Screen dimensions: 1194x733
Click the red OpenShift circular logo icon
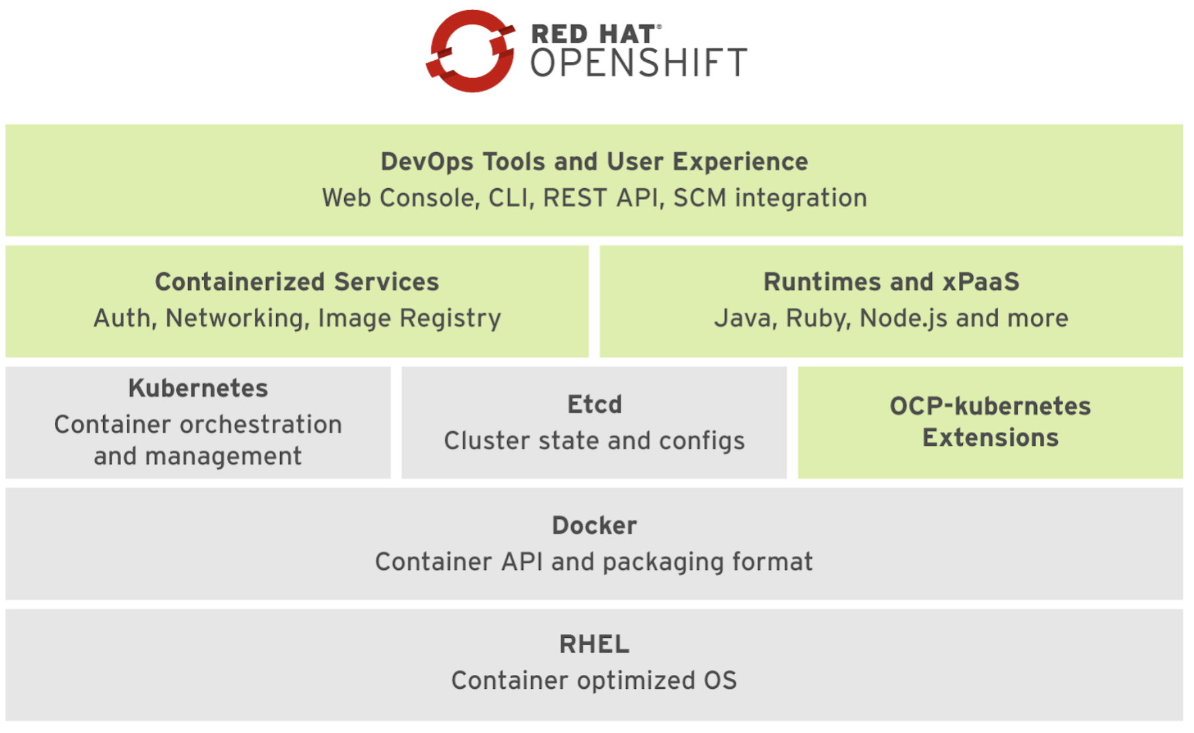point(470,51)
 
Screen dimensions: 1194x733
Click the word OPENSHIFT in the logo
point(639,63)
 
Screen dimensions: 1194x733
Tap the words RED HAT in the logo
point(592,34)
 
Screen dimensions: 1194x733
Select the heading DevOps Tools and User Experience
point(594,162)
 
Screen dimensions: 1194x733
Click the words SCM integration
point(770,198)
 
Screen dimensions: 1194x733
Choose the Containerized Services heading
point(297,282)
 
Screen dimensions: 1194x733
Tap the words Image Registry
point(409,318)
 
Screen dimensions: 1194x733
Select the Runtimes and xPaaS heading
point(892,282)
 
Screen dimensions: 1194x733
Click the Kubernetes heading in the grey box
point(198,388)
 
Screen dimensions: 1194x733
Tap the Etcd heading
point(594,405)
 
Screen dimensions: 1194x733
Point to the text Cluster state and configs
point(594,441)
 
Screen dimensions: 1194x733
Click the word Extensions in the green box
point(991,438)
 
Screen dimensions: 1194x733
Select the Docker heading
point(594,526)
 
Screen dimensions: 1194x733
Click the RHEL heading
point(594,645)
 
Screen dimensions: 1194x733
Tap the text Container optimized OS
point(594,681)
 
